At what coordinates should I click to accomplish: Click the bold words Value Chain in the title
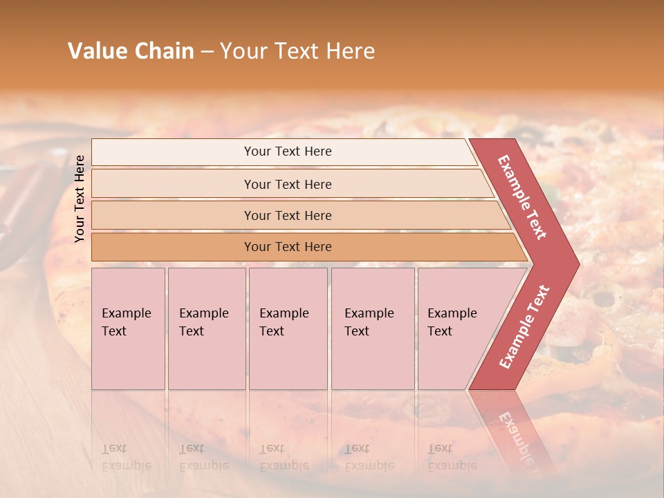click(x=131, y=51)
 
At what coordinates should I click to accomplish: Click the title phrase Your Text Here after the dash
click(x=297, y=51)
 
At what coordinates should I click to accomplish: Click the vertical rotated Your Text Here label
click(x=80, y=199)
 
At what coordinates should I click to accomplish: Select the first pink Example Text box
click(x=128, y=329)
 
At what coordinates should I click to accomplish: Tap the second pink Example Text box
click(x=206, y=329)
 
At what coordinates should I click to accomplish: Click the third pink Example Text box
click(x=288, y=329)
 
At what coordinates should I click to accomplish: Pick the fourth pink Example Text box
click(x=373, y=329)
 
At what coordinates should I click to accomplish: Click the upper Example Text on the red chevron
click(x=522, y=197)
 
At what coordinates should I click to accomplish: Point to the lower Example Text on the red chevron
click(x=524, y=327)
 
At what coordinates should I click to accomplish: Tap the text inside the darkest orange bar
click(x=288, y=247)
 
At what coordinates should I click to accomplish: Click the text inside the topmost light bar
click(x=288, y=151)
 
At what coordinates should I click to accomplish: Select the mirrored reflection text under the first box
click(x=126, y=457)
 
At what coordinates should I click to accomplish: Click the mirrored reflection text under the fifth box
click(x=452, y=457)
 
